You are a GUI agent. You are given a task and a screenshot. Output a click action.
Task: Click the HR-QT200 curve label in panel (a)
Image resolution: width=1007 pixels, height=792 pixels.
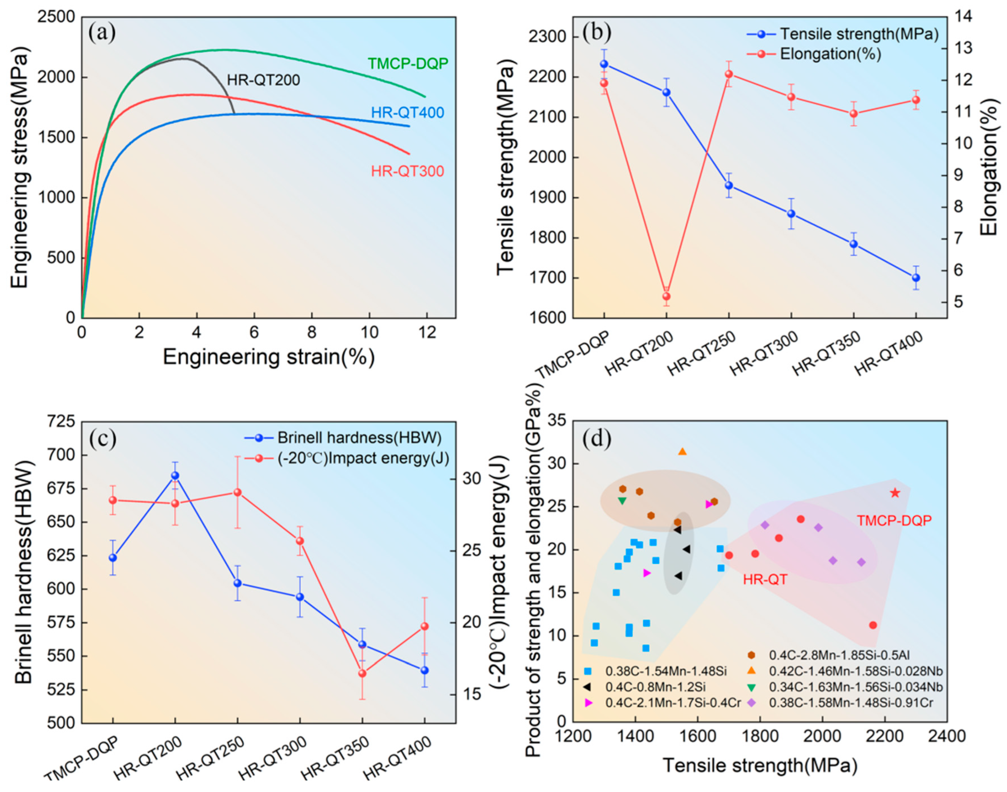click(263, 80)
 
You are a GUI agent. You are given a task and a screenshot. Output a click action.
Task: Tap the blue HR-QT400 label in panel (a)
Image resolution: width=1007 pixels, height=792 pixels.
click(407, 113)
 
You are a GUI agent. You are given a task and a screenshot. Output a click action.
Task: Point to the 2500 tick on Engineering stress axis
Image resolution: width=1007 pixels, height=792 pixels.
click(57, 18)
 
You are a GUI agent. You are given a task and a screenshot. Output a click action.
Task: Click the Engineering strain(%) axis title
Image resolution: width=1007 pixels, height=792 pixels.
click(268, 357)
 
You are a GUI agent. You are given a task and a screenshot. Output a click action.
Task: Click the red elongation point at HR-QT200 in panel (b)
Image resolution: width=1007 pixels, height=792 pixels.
click(666, 296)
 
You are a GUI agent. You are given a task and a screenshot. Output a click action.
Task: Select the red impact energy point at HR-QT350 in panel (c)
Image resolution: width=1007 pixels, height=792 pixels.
click(362, 673)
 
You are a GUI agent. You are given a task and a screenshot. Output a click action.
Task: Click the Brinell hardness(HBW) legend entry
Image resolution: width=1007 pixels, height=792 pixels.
click(359, 438)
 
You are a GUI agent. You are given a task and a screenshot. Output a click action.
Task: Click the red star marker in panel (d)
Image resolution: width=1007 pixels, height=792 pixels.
click(894, 493)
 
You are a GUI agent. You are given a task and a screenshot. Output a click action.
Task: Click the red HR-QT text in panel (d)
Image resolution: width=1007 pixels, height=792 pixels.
click(765, 579)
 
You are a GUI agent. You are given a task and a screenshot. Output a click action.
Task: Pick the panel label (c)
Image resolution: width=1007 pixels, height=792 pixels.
click(103, 439)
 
